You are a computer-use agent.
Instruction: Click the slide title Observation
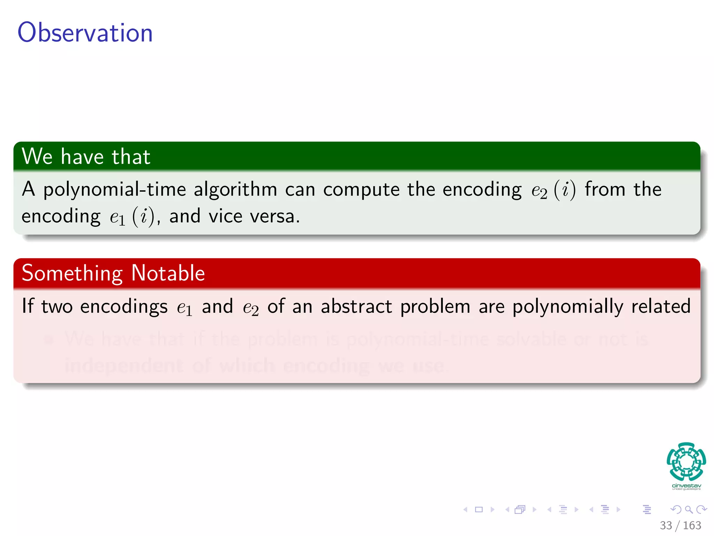(85, 32)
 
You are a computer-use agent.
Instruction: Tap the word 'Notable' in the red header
(168, 273)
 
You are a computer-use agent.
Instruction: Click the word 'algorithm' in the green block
(235, 190)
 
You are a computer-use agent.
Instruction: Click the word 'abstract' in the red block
(356, 307)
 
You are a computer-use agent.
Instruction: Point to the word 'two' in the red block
(57, 307)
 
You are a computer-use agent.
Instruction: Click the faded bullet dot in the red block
(50, 340)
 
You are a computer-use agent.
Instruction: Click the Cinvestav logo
(686, 465)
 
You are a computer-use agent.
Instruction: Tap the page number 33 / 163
(680, 525)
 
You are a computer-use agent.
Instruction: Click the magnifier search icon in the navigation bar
(689, 509)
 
